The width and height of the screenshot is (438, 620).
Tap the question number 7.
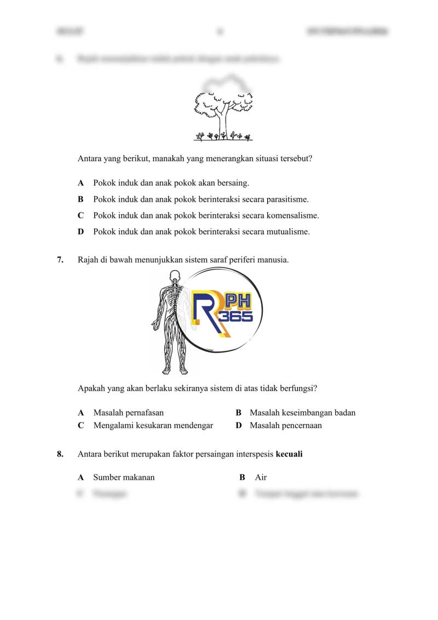tap(60, 260)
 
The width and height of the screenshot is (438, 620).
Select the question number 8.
tap(60, 454)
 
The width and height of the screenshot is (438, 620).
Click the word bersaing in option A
tap(234, 183)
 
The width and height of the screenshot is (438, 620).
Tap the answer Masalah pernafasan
tap(129, 412)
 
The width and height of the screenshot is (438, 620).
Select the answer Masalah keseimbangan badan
tap(302, 412)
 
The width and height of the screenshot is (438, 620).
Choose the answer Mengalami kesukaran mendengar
tap(153, 425)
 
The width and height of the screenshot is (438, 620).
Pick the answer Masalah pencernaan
tap(286, 425)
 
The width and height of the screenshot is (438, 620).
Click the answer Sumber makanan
tap(124, 477)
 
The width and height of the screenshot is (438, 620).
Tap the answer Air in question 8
tap(261, 477)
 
